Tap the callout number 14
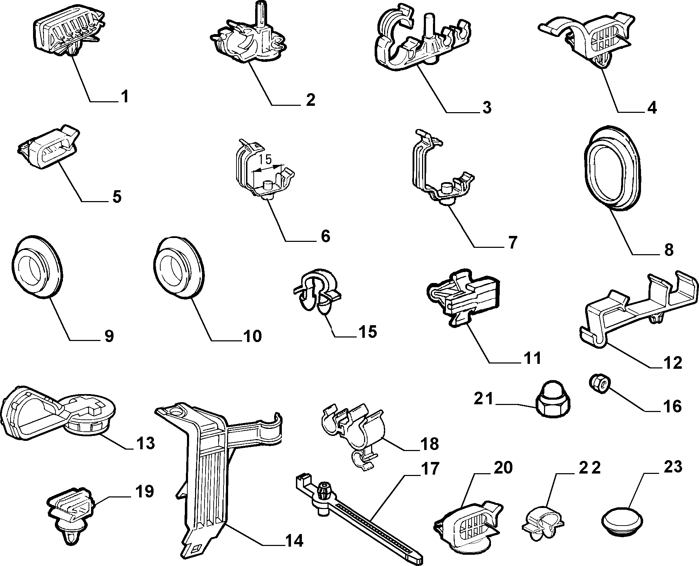click(294, 541)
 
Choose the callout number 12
click(672, 363)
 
